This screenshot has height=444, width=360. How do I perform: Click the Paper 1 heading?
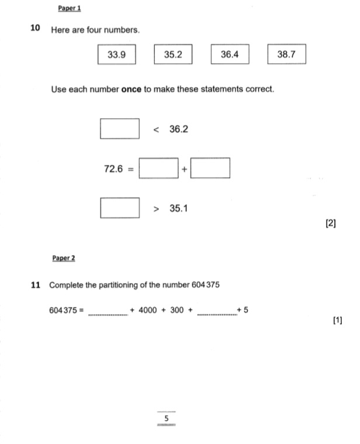point(70,8)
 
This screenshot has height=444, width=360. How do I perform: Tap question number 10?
point(35,27)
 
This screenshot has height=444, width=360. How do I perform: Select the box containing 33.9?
point(117,54)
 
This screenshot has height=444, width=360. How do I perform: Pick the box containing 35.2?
point(173,54)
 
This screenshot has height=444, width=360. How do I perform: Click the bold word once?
point(131,89)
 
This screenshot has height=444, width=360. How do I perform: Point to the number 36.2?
point(179,129)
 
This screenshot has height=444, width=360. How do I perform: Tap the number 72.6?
point(113,168)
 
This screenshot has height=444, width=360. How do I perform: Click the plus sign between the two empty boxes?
point(185,169)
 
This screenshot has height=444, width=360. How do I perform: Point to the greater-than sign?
point(156,209)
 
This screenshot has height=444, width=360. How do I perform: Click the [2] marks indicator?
point(331,223)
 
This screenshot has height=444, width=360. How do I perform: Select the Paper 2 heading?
point(64,258)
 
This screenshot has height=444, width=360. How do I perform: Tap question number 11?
point(35,285)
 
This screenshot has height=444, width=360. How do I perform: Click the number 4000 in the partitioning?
point(148,310)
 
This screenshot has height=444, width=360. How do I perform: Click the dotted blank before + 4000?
point(108,315)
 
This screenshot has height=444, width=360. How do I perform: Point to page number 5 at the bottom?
point(167,418)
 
